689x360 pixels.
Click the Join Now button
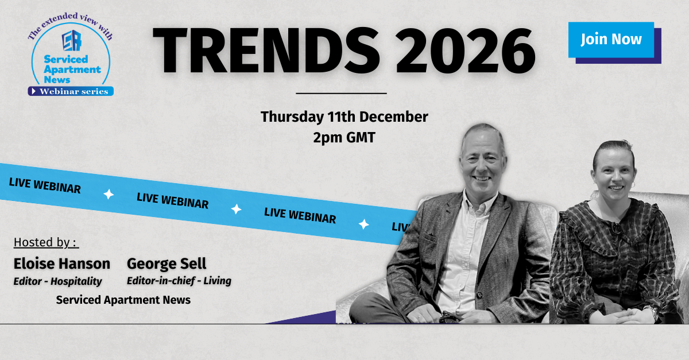click(x=611, y=40)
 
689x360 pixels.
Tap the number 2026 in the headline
click(x=466, y=51)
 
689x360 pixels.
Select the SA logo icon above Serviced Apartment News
click(x=72, y=40)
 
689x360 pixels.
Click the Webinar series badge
click(x=71, y=91)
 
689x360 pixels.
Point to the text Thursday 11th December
click(x=344, y=117)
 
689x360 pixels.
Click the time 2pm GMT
click(x=344, y=137)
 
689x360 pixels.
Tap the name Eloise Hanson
click(x=62, y=264)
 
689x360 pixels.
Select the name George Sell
click(x=167, y=264)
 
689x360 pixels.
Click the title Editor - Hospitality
click(x=57, y=281)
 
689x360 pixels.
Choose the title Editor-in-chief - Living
click(x=179, y=281)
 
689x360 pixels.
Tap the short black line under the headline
click(x=341, y=93)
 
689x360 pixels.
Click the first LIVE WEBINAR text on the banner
click(x=45, y=185)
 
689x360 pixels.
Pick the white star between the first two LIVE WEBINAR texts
click(x=109, y=195)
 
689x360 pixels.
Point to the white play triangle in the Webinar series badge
click(x=34, y=91)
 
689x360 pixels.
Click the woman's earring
click(x=633, y=185)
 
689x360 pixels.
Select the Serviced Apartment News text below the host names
click(x=123, y=300)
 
